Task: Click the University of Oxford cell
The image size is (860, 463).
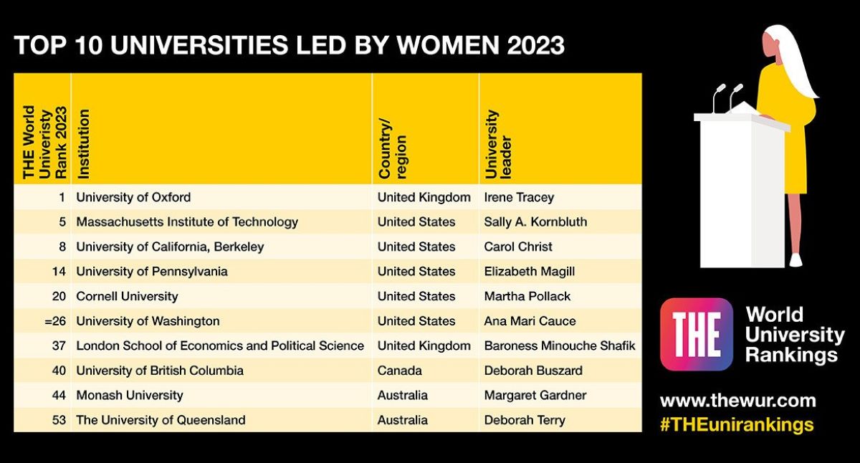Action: (133, 197)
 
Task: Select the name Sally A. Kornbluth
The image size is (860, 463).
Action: (535, 221)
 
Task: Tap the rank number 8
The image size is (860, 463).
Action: (62, 247)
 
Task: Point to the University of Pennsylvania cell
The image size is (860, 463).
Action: (152, 272)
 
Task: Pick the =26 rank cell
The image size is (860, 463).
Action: (55, 321)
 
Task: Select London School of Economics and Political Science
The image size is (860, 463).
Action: (220, 345)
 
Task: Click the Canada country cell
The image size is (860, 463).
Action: (400, 371)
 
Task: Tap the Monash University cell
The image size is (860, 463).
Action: (130, 395)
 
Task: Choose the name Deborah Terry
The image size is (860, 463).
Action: (525, 420)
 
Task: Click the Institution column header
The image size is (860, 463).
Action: (84, 143)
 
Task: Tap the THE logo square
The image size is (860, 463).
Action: (696, 334)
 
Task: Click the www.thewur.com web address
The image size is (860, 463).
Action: (737, 401)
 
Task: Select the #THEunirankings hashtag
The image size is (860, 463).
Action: (737, 424)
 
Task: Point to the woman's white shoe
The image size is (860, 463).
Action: (795, 259)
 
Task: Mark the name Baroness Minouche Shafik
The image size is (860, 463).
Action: (560, 345)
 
